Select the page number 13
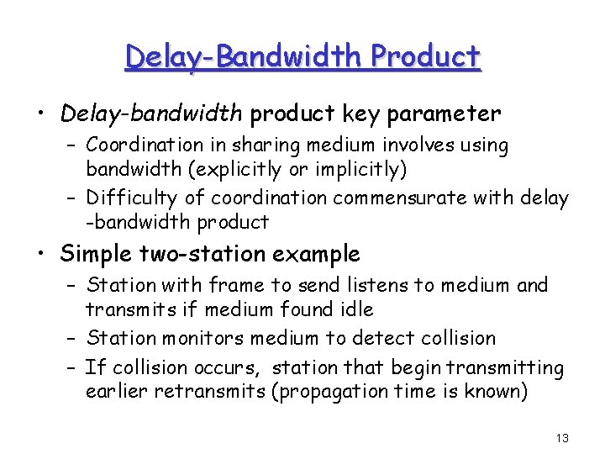point(562,438)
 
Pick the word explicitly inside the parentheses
point(234,169)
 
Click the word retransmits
point(199,392)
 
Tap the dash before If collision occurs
point(71,368)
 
